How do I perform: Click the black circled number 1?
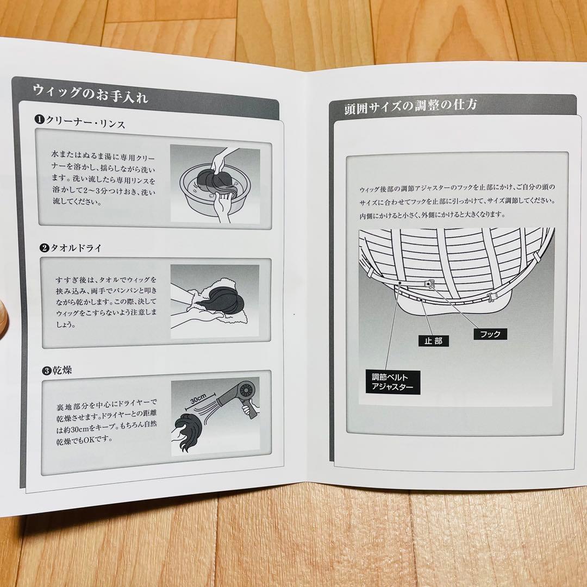[39, 120]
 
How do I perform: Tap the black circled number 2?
[44, 248]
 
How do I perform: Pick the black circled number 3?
[46, 371]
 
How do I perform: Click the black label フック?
[490, 334]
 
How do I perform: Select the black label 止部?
[434, 341]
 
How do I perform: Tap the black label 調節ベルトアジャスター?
[393, 382]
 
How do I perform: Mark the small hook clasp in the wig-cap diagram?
[429, 284]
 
